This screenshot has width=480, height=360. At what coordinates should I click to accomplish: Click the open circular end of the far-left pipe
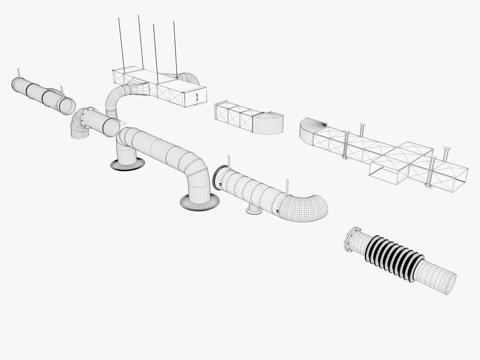[x=67, y=105]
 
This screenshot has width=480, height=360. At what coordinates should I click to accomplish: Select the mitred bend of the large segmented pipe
[x=197, y=169]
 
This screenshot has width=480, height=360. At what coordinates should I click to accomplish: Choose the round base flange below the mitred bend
[x=200, y=202]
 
